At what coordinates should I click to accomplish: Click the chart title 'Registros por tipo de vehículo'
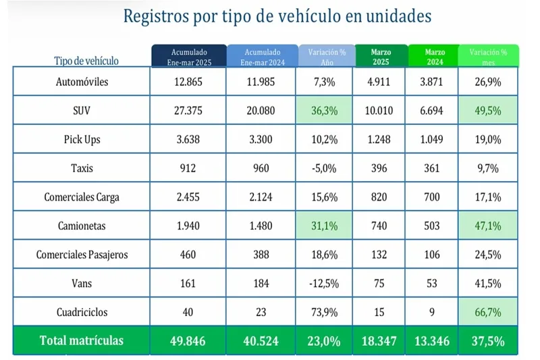tap(277, 17)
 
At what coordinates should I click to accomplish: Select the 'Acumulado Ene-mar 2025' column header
tap(188, 56)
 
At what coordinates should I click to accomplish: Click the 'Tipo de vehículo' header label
tap(86, 61)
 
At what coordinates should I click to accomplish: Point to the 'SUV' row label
tap(82, 111)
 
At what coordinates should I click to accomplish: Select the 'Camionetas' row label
tap(82, 226)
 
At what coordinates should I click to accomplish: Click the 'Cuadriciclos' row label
tap(82, 312)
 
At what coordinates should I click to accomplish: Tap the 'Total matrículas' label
tap(82, 340)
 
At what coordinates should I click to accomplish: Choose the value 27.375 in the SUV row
tap(188, 111)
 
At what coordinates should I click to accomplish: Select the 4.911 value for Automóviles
tap(379, 82)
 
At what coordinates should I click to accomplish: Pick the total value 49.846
tap(188, 340)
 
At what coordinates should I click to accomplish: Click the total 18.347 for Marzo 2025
tap(379, 340)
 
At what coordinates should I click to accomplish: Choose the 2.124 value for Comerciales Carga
tap(261, 197)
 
